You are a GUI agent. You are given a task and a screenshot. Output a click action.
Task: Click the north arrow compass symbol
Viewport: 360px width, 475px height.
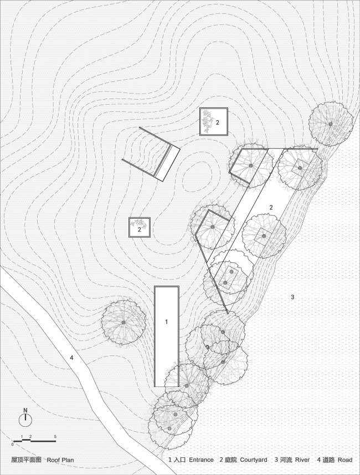pos(25,420)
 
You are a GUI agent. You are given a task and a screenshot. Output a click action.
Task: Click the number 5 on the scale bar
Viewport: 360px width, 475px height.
pos(55,437)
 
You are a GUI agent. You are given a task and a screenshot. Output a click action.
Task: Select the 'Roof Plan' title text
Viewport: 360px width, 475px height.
pos(60,459)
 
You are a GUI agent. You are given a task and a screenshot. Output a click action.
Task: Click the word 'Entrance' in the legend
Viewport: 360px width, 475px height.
pos(201,459)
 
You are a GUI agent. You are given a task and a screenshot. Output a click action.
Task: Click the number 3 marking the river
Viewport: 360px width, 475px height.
pos(292,298)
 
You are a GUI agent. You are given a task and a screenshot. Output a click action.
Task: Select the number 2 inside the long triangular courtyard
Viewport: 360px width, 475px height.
pos(271,207)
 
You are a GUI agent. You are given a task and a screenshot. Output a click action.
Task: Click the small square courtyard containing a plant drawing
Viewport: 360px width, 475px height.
pos(214,122)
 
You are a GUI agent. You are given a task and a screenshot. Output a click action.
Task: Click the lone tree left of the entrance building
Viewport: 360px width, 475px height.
pos(123,322)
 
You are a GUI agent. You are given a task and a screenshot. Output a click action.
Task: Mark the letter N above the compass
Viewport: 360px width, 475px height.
pos(25,410)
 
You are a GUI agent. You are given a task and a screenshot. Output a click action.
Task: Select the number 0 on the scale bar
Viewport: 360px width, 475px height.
pos(12,444)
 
